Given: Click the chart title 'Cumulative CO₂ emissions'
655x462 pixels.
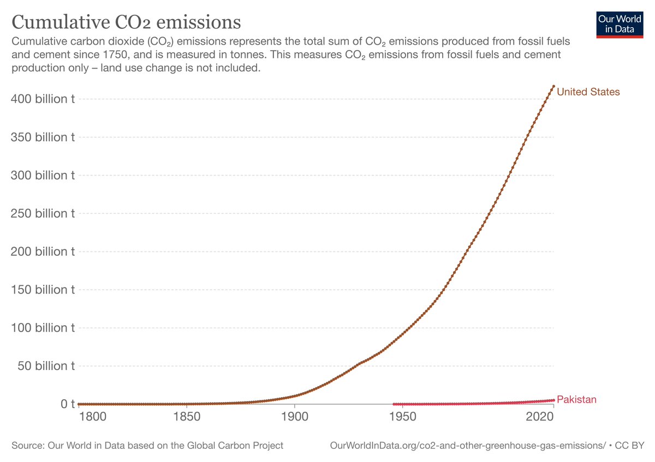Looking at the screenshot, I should pyautogui.click(x=126, y=22).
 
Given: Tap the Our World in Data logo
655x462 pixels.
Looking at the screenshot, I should pyautogui.click(x=620, y=23).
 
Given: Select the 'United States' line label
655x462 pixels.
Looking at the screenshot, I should pyautogui.click(x=588, y=92).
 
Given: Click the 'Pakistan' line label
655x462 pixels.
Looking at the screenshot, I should pyautogui.click(x=576, y=400).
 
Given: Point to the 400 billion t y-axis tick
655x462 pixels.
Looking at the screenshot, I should pyautogui.click(x=43, y=99).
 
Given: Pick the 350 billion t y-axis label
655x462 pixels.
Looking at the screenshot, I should pyautogui.click(x=43, y=137).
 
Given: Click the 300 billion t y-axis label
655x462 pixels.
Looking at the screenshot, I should pyautogui.click(x=43, y=176).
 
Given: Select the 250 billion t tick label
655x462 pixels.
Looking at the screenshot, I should pyautogui.click(x=43, y=214).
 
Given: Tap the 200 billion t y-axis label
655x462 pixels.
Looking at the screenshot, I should pyautogui.click(x=43, y=252).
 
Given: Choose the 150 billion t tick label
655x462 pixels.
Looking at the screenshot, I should pyautogui.click(x=43, y=290).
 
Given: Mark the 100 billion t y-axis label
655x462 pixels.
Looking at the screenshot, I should pyautogui.click(x=43, y=328).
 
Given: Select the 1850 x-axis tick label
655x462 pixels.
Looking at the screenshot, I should pyautogui.click(x=187, y=418).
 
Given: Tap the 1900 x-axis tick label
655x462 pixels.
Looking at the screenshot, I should pyautogui.click(x=294, y=418).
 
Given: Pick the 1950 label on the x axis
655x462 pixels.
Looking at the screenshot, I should pyautogui.click(x=402, y=418).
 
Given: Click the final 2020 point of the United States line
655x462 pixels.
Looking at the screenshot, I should pyautogui.click(x=553, y=86).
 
